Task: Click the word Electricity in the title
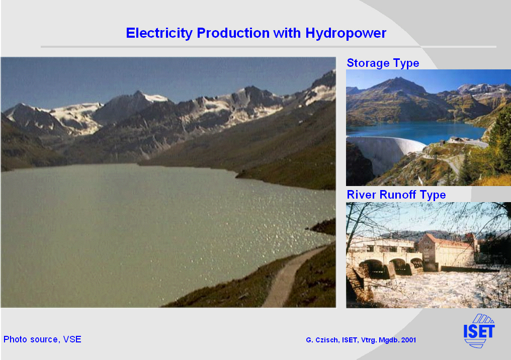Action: coord(159,33)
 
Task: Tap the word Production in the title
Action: coord(233,33)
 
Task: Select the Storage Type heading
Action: coord(383,63)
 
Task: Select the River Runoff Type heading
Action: coord(396,195)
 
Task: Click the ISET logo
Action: coord(479,331)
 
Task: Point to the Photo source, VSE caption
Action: coord(42,339)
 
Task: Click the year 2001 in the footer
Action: coord(409,340)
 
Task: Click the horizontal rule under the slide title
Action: coord(268,47)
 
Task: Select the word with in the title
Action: coord(287,33)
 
